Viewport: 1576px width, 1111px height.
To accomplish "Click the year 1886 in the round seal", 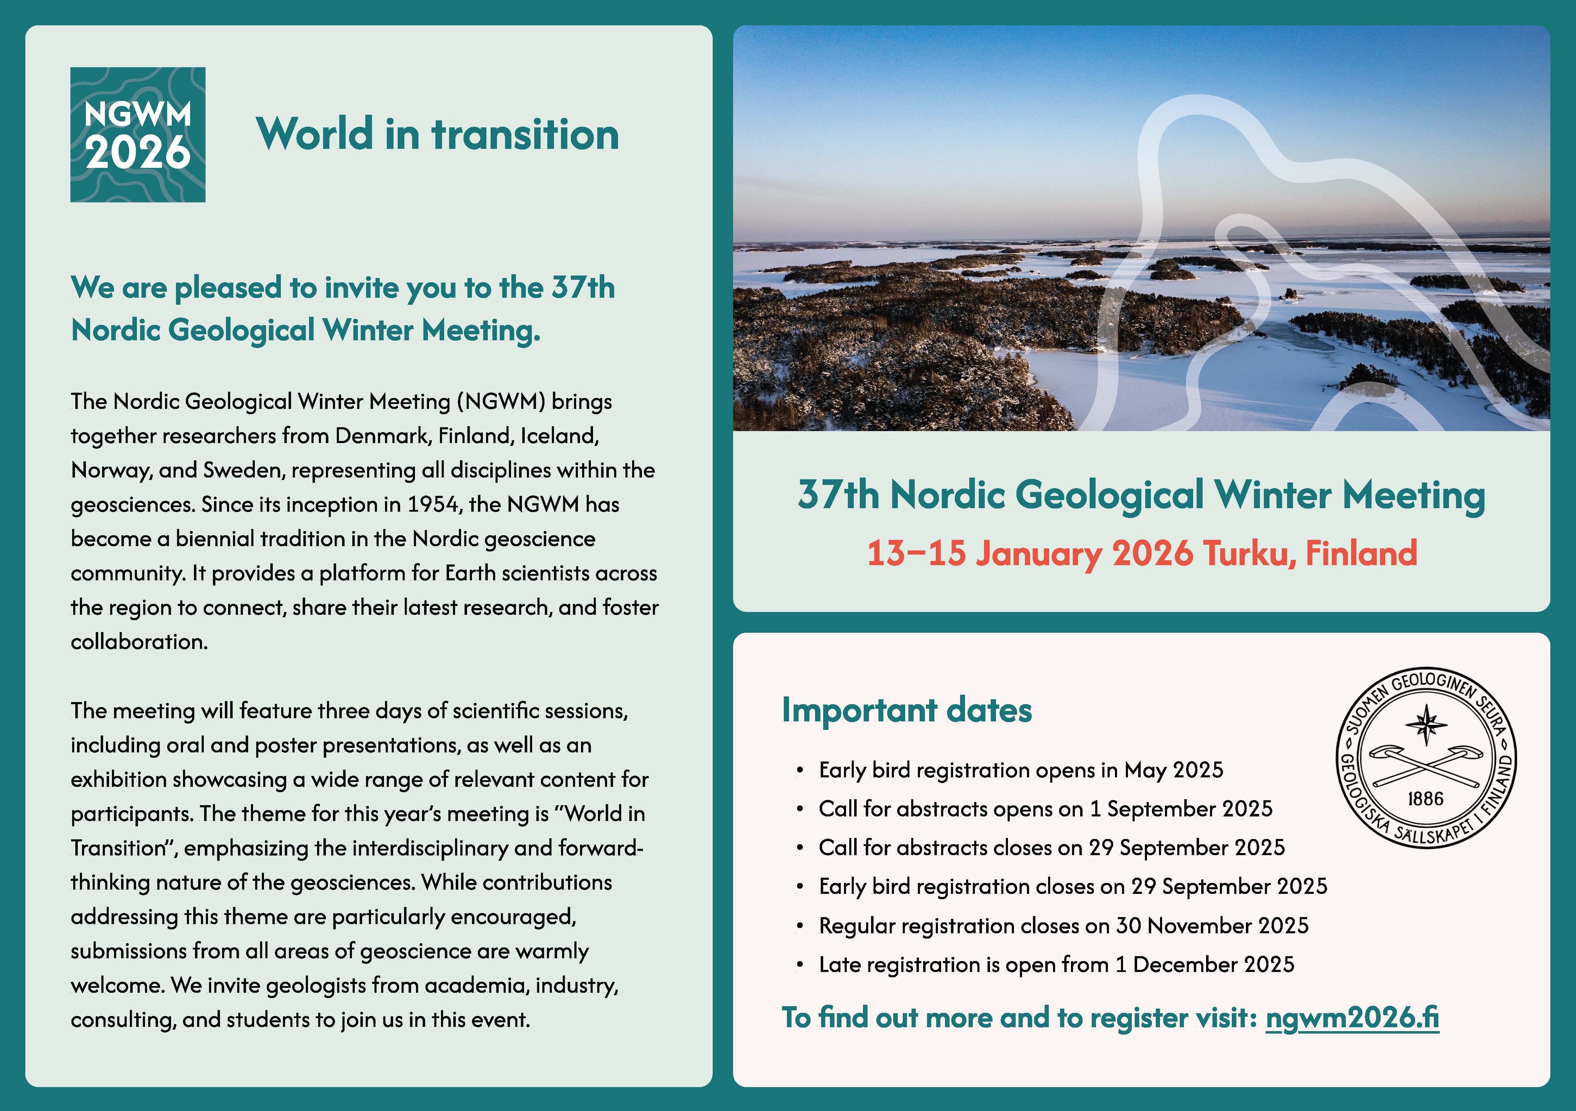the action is click(x=1426, y=799).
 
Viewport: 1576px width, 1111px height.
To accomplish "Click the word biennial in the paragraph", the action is click(x=215, y=539).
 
